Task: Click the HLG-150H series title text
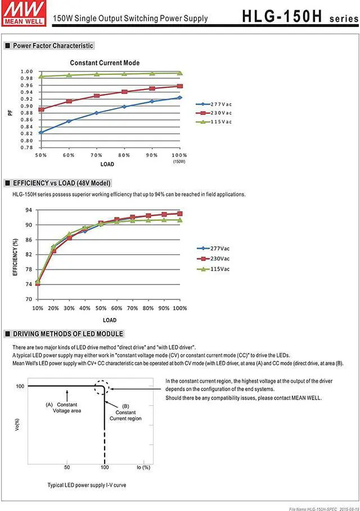tap(299, 16)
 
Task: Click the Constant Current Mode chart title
tap(104, 63)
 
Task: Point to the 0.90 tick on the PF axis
tap(26, 106)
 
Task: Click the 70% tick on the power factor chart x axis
tap(96, 155)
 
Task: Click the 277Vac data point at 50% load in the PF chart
tap(41, 132)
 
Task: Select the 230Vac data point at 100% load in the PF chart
tap(179, 86)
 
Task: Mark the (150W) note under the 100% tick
tap(179, 162)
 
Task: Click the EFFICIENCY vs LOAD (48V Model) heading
tap(61, 183)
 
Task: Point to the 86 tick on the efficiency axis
tap(28, 240)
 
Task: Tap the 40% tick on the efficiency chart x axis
tap(84, 308)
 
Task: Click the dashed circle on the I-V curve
tap(101, 388)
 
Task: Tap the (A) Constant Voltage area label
tap(65, 407)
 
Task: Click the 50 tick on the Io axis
tap(66, 468)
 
